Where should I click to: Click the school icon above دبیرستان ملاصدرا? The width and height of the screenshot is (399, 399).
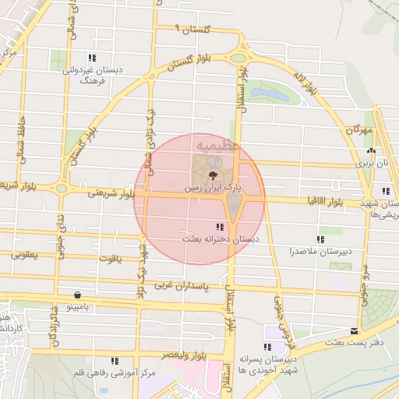320,239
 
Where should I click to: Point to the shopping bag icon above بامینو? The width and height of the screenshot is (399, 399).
77,295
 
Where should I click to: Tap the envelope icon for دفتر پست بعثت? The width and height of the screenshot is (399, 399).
355,331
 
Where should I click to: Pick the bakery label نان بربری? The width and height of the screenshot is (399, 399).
371,164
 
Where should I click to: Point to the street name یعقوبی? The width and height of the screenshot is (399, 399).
25,256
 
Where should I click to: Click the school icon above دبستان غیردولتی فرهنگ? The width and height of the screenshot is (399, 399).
92,58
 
